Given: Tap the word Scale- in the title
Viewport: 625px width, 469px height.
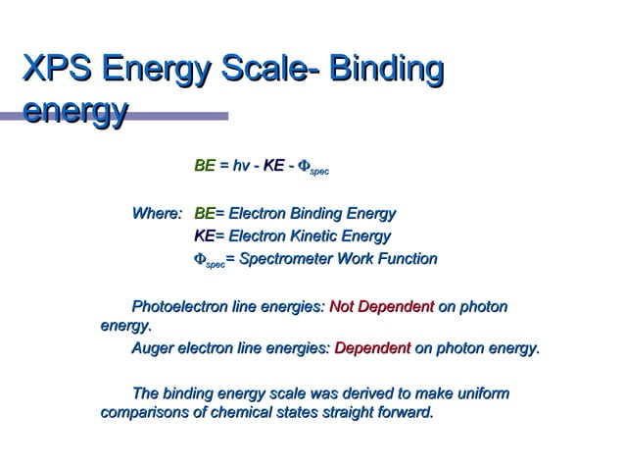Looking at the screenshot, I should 275,71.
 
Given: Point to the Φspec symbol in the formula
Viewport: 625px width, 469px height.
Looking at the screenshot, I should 312,169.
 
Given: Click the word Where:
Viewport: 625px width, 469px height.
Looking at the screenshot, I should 157,214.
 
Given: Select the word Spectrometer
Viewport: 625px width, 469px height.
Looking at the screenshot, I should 291,260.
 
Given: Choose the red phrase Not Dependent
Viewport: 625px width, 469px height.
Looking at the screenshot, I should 381,308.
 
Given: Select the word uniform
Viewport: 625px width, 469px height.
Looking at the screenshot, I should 482,393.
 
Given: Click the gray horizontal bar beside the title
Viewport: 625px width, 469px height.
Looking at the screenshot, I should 181,116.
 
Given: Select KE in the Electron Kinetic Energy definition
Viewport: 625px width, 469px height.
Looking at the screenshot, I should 204,236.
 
